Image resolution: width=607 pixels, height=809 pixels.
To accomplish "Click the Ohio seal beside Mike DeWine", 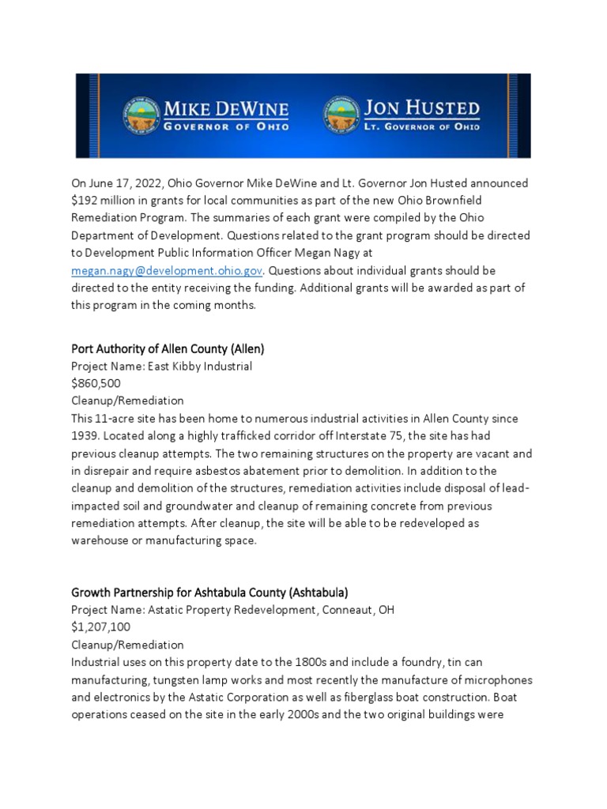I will [x=141, y=115].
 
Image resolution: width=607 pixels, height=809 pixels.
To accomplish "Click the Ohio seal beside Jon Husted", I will [x=341, y=115].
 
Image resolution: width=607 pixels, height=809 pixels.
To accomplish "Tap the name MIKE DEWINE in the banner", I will [x=225, y=108].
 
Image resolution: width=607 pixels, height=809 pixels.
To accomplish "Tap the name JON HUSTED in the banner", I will [x=420, y=107].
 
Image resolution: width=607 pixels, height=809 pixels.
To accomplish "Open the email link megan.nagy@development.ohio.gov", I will [x=167, y=270].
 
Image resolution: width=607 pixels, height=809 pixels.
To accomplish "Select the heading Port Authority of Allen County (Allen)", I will [x=173, y=348].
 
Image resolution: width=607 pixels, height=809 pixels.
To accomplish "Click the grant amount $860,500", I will [x=96, y=383].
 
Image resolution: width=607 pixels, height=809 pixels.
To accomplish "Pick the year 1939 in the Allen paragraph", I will [x=87, y=435].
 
